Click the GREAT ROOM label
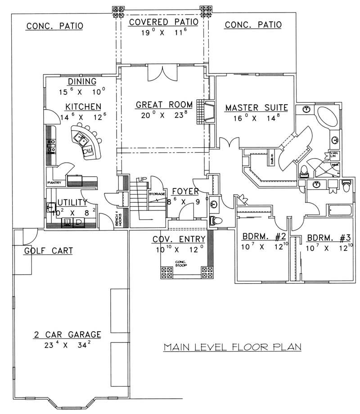point(164,105)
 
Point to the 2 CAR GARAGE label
point(67,334)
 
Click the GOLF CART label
point(48,251)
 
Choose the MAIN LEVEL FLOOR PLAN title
point(232,347)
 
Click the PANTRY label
point(54,183)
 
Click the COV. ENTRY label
point(179,239)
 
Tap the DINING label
point(82,81)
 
